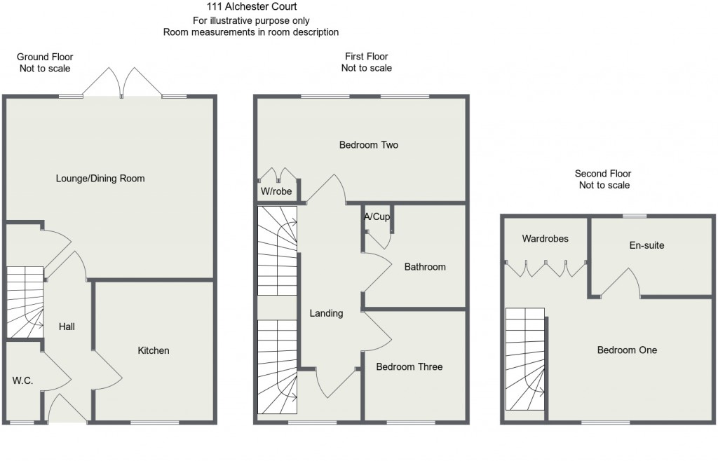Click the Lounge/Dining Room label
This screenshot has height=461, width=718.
pos(100,179)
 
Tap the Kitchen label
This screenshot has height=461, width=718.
pos(154,351)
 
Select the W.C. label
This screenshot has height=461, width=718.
pos(22,380)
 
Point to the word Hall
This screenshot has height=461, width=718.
pos(67,326)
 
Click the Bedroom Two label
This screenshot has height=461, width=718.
pos(369,145)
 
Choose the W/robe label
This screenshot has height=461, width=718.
pos(276,191)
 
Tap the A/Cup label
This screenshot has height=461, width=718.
pos(377,216)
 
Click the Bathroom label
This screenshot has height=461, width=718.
pos(425,267)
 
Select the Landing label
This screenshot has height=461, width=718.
pos(326,314)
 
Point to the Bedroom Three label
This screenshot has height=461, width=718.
pos(409,367)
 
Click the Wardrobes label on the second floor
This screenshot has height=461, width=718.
pos(546,239)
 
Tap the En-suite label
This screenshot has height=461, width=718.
pos(646,246)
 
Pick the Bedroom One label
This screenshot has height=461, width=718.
pos(627,350)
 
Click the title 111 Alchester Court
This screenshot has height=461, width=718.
pos(252,6)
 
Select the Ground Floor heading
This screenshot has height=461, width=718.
pos(45,57)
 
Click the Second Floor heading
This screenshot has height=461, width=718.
pos(603,174)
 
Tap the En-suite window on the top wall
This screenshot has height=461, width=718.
pos(635,216)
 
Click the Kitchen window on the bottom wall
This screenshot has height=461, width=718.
pos(154,422)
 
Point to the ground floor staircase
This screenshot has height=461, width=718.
pos(25,302)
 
